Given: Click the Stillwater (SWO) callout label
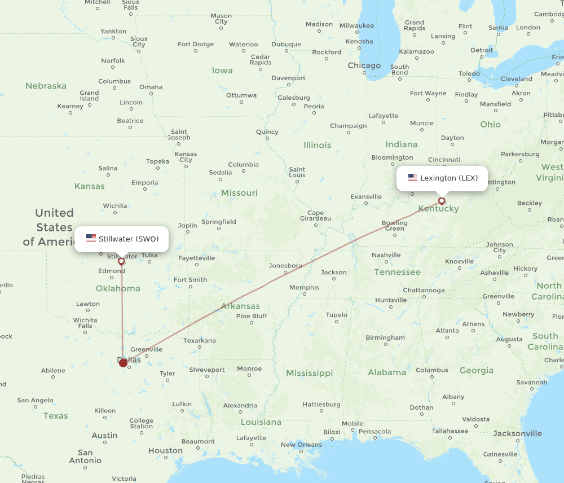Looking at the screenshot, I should coord(121,239).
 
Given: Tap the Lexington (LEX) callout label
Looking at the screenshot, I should coord(442,178).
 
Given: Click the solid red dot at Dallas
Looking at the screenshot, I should coord(123,363).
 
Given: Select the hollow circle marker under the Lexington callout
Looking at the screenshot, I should coord(442,200).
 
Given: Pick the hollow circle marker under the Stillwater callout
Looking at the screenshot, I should coord(121,261).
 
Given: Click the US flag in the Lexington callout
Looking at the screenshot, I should coord(413,178).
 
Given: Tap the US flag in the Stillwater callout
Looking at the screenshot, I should coord(91,238).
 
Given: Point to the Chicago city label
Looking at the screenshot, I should coord(364,65).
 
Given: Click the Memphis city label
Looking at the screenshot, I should coord(304,287).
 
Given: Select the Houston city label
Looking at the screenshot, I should coord(165,450).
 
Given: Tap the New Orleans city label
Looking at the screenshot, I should coord(301,445).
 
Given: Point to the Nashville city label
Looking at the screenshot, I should coord(386,255).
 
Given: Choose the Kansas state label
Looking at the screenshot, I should coord(89,186).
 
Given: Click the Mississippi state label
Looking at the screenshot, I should coord(309,373).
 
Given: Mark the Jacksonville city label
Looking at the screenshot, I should coord(517,433).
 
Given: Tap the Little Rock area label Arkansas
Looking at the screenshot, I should coord(240,306).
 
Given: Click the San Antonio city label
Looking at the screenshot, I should coord(85,456).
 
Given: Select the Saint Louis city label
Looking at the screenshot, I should coord(297,172).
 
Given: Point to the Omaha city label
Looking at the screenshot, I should coord(151,87).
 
